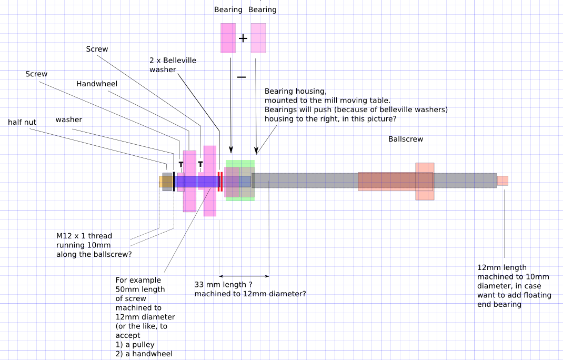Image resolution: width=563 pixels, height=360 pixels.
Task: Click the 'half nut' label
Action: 22,122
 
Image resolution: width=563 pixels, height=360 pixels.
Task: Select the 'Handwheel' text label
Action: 97,84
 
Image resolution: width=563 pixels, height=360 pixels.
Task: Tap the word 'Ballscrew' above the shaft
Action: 406,139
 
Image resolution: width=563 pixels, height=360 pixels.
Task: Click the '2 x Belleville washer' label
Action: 173,65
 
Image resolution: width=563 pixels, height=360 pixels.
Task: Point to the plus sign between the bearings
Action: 243,38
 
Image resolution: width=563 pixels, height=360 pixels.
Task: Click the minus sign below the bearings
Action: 242,77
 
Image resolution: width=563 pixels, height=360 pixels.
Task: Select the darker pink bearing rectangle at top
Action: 228,38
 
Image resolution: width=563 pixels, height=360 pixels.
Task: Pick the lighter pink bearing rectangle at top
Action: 258,38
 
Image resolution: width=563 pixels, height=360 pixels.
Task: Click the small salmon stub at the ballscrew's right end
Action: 502,181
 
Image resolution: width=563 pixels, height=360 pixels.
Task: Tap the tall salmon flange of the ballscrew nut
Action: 425,181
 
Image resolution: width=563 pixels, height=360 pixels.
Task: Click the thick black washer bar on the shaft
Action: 174,181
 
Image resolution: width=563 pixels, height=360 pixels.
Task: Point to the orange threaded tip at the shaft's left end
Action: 161,182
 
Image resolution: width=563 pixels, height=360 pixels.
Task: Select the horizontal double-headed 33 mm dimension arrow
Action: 244,276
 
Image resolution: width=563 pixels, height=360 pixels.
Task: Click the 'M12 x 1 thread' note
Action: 84,236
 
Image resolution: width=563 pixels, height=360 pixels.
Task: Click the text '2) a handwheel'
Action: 144,354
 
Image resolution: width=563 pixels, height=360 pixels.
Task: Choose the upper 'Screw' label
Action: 97,49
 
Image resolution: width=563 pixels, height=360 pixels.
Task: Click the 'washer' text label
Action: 69,119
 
